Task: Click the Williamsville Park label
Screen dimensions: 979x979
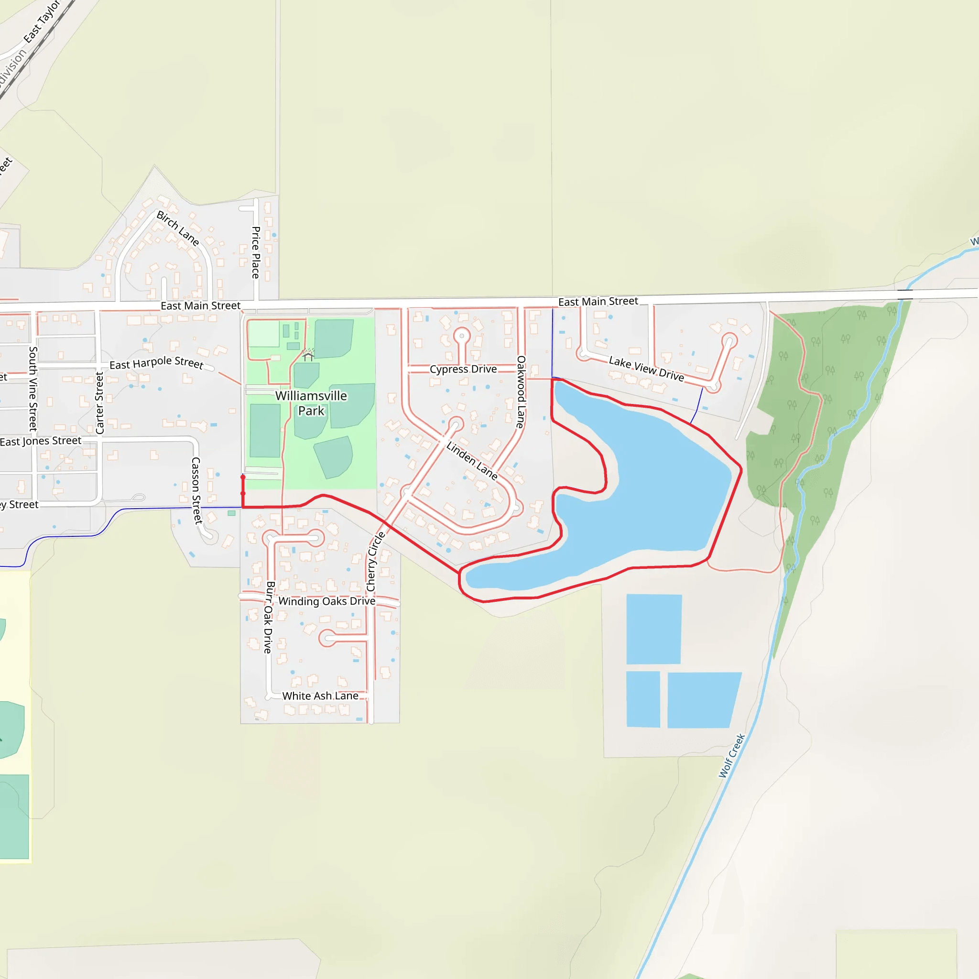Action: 311,403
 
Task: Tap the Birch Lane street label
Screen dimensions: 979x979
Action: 177,228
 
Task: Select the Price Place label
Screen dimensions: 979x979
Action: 256,252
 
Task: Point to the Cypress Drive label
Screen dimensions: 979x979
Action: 463,370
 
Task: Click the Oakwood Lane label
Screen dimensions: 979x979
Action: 521,392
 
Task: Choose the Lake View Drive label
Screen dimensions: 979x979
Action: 646,369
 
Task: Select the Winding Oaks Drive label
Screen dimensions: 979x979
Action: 327,601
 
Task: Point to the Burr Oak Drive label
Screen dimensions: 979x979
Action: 269,617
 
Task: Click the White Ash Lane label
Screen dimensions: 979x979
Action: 320,696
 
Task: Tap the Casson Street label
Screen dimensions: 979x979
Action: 196,490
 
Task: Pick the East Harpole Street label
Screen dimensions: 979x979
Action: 157,363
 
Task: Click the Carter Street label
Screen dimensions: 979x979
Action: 100,403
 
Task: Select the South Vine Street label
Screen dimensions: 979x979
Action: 33,389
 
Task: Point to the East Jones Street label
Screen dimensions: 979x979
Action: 41,441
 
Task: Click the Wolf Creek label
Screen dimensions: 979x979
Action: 732,756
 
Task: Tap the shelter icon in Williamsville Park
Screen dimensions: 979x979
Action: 308,356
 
